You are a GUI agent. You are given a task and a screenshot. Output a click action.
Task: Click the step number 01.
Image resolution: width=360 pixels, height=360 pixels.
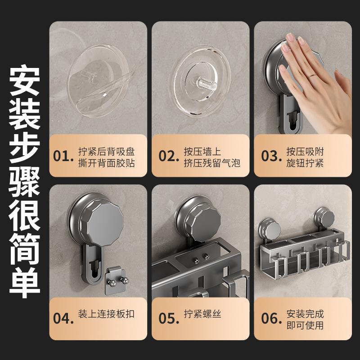(x=63, y=156)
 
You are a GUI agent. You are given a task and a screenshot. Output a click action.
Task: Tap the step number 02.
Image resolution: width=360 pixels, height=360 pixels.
(x=169, y=156)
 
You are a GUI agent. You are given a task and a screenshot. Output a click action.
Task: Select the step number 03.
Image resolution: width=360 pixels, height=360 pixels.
(x=271, y=156)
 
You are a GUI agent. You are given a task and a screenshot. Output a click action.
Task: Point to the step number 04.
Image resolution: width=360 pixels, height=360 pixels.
(x=63, y=319)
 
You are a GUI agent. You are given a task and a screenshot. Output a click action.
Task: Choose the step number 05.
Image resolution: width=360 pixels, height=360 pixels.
(x=169, y=319)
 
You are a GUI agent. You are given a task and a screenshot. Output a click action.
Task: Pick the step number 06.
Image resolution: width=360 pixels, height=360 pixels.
(x=271, y=319)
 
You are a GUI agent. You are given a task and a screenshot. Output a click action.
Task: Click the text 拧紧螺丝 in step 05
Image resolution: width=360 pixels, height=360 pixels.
(x=202, y=314)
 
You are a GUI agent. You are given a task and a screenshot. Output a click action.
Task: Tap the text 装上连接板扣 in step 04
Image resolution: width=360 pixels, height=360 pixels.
(x=106, y=314)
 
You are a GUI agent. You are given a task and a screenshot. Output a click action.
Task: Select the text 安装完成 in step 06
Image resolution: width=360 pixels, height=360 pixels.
(x=305, y=314)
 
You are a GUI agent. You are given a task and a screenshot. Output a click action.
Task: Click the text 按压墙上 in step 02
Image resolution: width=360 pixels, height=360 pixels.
(x=202, y=152)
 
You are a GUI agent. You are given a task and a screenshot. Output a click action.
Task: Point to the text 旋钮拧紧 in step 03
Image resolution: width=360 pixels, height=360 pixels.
(x=305, y=163)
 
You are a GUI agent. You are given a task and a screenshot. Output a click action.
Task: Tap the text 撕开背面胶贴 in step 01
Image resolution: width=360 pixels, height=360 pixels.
(x=106, y=163)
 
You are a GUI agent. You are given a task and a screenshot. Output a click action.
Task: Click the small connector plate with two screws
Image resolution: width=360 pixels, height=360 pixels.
(x=116, y=280)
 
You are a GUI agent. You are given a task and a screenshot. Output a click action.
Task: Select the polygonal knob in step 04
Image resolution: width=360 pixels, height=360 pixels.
(x=102, y=222)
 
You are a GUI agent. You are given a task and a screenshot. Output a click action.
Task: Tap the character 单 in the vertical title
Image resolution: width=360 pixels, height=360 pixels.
(x=25, y=283)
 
